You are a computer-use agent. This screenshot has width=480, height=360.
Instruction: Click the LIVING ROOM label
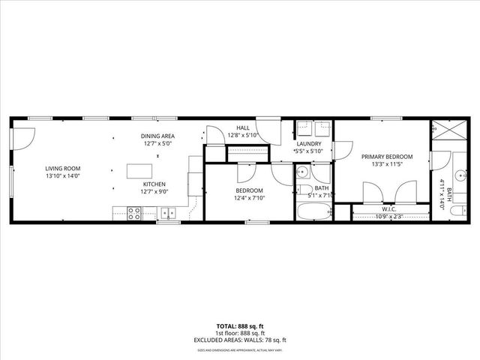point(61,169)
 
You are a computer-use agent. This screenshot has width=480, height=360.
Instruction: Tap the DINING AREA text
point(157,136)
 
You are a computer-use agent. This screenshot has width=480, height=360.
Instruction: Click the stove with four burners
point(135,214)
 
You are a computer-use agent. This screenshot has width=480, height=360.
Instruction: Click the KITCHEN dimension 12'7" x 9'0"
point(154,192)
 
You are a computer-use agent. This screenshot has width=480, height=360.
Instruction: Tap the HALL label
point(243,128)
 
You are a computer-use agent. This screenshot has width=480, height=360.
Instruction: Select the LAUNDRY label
point(309,143)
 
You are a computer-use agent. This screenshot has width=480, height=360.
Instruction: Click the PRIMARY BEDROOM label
point(382,157)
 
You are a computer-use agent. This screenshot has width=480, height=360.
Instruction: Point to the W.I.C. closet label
point(388,210)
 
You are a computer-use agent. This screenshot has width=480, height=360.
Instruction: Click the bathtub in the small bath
point(313,211)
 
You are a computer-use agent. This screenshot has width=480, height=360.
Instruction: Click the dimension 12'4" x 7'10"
point(250,198)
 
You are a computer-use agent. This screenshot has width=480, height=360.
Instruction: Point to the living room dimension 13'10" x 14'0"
point(62,177)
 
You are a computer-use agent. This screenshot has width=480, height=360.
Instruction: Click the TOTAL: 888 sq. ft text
point(239,326)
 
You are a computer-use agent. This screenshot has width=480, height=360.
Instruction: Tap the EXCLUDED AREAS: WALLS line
point(239,340)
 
